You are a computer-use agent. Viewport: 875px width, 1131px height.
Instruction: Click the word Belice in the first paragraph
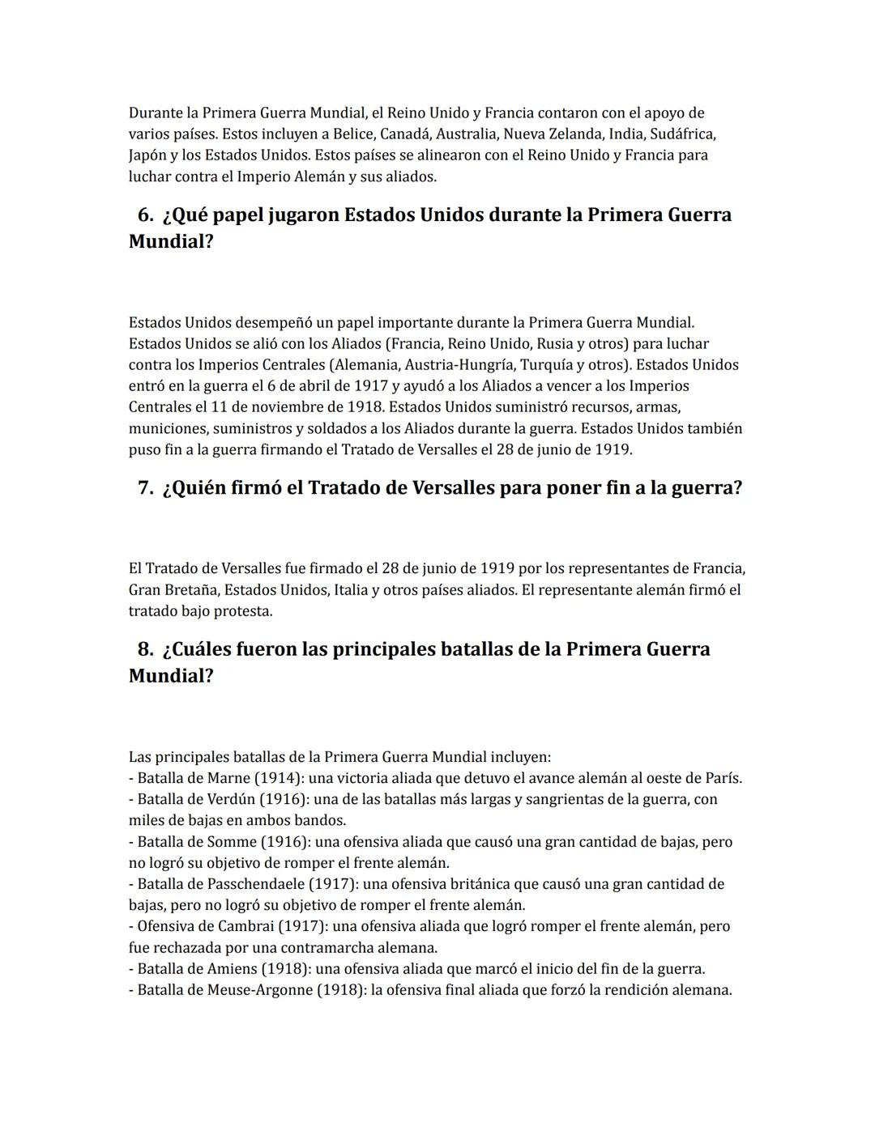[354, 134]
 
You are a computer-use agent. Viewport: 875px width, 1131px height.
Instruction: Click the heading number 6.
[146, 215]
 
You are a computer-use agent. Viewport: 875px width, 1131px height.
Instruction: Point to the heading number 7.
[146, 488]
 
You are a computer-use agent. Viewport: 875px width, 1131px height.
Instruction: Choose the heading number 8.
[146, 649]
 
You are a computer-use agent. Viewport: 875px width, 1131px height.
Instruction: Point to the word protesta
[242, 611]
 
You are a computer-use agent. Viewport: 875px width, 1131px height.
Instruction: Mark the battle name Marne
[228, 778]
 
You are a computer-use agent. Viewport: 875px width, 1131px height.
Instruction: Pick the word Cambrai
[245, 926]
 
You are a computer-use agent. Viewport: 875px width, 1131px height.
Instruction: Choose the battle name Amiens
[232, 969]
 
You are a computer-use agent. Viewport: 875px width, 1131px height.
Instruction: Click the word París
[723, 778]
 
